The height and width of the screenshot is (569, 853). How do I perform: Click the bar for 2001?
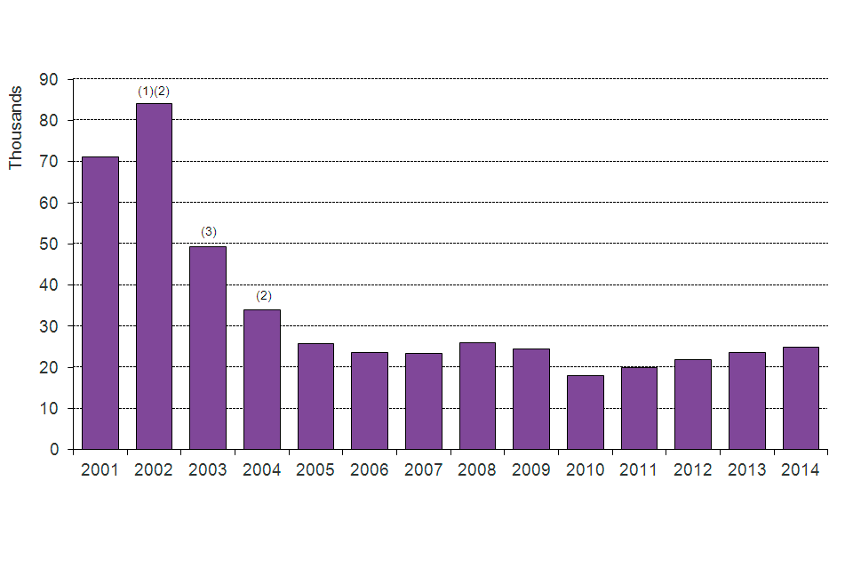click(x=100, y=302)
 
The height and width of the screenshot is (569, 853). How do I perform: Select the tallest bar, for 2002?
click(x=154, y=276)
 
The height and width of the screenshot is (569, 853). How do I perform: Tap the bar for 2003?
click(x=208, y=348)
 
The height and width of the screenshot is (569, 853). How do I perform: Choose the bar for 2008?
click(x=477, y=396)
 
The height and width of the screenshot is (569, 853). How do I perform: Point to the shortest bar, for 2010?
click(x=586, y=412)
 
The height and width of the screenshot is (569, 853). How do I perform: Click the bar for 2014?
click(x=801, y=397)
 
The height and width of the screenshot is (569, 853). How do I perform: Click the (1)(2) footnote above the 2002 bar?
click(x=153, y=91)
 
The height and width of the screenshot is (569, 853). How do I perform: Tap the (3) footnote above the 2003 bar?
click(x=208, y=232)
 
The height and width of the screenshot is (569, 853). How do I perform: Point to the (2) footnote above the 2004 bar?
click(x=263, y=296)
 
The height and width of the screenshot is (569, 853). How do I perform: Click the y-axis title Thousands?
click(x=15, y=127)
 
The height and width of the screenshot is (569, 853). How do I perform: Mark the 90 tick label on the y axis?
click(x=50, y=79)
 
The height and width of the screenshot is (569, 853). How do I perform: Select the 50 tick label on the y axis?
click(x=50, y=244)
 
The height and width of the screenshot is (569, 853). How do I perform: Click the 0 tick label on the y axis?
click(x=54, y=450)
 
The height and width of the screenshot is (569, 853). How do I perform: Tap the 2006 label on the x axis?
click(x=370, y=470)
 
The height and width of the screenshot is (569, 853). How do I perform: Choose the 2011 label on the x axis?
click(x=639, y=470)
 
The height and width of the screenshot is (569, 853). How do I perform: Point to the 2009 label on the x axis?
click(x=531, y=470)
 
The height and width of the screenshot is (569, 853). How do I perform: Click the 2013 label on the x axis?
click(x=747, y=470)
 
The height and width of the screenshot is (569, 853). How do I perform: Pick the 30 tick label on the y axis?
click(x=50, y=326)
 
